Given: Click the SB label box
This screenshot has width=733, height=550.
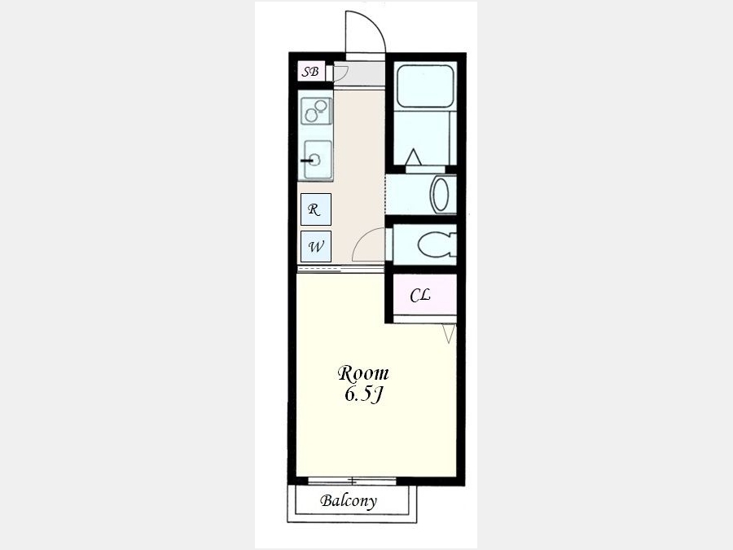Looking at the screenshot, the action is (x=311, y=72).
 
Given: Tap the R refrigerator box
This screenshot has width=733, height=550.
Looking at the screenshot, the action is (x=316, y=209).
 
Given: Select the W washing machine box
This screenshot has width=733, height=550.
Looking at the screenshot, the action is (x=316, y=246).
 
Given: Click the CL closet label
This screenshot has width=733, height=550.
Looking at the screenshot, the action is (x=420, y=295).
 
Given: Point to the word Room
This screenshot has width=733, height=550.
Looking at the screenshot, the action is (x=363, y=373).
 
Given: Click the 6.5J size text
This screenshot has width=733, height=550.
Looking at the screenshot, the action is (x=364, y=394).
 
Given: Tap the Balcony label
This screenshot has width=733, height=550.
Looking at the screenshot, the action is (x=349, y=501).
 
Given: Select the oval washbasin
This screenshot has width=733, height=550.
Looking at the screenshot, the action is (x=441, y=195).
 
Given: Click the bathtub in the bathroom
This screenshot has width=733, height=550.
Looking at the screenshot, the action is (x=425, y=86).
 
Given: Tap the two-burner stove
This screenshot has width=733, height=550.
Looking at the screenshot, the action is (x=317, y=111).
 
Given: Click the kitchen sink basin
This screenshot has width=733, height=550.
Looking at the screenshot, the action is (x=318, y=160).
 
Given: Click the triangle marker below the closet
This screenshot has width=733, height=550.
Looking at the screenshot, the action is (x=449, y=334).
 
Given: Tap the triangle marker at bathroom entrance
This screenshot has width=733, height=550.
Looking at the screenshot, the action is (x=413, y=157).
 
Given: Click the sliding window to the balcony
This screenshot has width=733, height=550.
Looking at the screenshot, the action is (x=353, y=481).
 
